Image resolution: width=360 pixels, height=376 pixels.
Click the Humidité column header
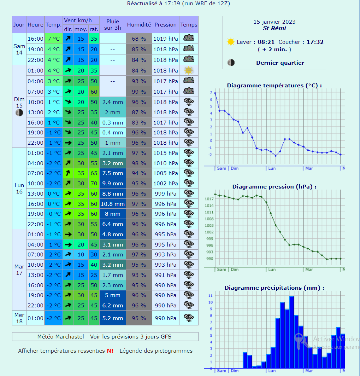[x=139, y=25]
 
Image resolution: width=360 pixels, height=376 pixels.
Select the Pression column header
[x=165, y=25]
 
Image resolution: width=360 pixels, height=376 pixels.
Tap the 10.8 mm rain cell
[x=113, y=204]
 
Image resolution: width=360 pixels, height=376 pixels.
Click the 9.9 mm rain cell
[x=113, y=184]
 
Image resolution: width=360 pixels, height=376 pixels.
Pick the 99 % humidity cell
[x=139, y=92]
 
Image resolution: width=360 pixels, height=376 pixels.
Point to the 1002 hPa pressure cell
[x=165, y=184]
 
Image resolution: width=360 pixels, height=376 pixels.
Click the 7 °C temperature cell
[x=54, y=39]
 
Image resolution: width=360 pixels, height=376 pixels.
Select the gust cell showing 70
[x=94, y=184]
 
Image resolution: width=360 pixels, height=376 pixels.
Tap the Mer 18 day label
[x=19, y=318]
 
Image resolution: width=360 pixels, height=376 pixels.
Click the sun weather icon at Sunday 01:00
[x=189, y=70]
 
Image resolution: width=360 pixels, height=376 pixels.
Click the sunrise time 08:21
[x=266, y=42]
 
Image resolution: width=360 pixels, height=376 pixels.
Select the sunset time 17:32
[x=315, y=42]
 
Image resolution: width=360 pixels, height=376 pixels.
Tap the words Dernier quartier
[x=280, y=63]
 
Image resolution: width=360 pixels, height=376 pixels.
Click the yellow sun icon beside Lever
[x=231, y=42]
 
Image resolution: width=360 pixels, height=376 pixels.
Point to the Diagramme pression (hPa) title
[x=274, y=187]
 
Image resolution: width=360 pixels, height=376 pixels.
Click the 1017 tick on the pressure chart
[x=209, y=199]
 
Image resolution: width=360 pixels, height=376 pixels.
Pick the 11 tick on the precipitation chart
[x=211, y=296]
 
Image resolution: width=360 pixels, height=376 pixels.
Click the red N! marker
[x=110, y=351]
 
